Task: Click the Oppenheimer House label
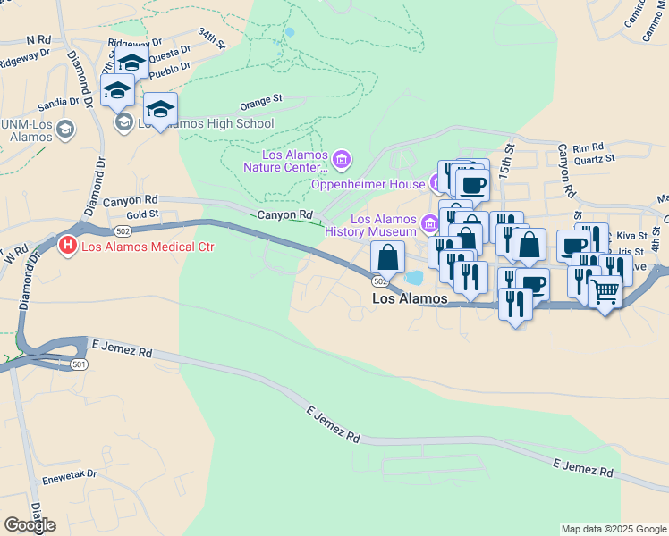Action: point(367,184)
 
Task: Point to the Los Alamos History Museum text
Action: point(384,225)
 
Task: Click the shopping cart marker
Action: point(605,291)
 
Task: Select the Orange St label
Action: point(260,98)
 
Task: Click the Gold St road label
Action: point(142,214)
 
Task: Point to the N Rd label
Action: point(39,40)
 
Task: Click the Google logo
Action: point(30,525)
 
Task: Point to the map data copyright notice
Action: point(614,529)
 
